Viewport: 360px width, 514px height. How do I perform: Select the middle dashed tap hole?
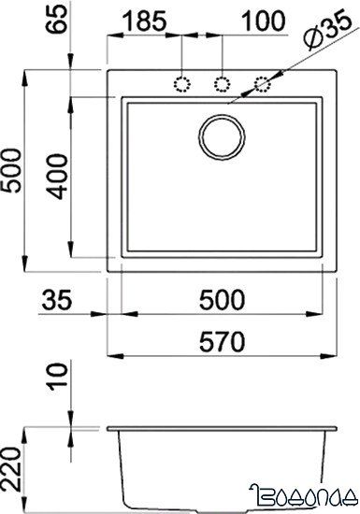pos(223,84)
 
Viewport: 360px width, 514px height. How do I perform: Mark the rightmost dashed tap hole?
pos(264,84)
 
